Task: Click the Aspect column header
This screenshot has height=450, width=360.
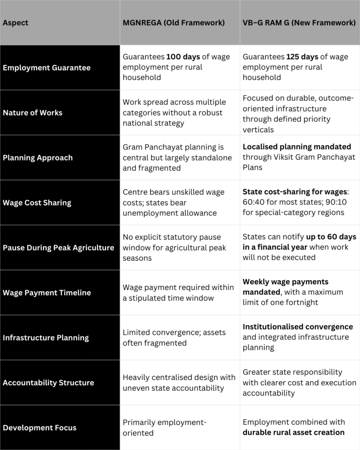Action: pyautogui.click(x=15, y=23)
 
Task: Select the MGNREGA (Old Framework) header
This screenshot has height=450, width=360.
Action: pyautogui.click(x=174, y=23)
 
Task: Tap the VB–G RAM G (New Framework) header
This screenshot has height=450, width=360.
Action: pyautogui.click(x=299, y=23)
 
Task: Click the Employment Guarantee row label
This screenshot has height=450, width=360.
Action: pyautogui.click(x=47, y=68)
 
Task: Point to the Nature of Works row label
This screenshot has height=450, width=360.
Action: pyautogui.click(x=33, y=112)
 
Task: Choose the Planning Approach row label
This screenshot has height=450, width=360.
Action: pyautogui.click(x=38, y=158)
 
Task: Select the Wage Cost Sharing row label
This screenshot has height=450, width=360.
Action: pyautogui.click(x=37, y=203)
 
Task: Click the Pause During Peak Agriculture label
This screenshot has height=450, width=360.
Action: pyautogui.click(x=58, y=247)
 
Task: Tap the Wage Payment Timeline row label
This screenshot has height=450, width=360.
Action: pyautogui.click(x=47, y=293)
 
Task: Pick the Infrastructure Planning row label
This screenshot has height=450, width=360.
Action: pyautogui.click(x=46, y=337)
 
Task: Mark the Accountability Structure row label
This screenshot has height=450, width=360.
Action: pyautogui.click(x=48, y=382)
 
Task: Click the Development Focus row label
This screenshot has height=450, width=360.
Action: pyautogui.click(x=40, y=428)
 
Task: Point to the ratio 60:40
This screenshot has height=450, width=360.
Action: pyautogui.click(x=253, y=203)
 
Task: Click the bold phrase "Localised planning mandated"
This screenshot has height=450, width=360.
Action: pyautogui.click(x=297, y=147)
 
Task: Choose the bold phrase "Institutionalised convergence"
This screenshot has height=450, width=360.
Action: pyautogui.click(x=298, y=327)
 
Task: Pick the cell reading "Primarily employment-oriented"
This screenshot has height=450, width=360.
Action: pyautogui.click(x=164, y=428)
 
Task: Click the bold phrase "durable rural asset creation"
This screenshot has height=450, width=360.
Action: pyautogui.click(x=293, y=432)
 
